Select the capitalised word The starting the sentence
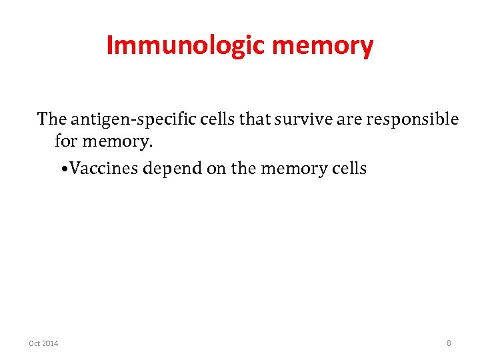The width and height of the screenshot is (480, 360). (52, 119)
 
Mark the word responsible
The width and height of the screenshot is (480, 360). (401, 120)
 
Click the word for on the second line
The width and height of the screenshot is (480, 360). (66, 142)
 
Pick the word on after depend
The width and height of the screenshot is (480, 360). (217, 168)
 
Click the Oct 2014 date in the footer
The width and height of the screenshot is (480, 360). (43, 343)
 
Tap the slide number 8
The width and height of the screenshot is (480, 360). (449, 343)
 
